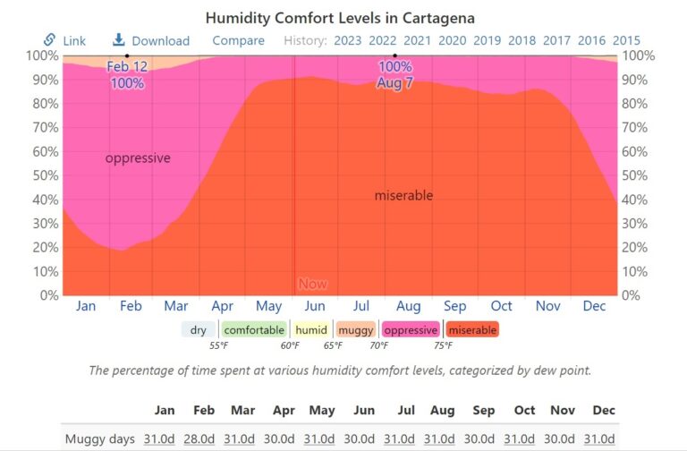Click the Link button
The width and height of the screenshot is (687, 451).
click(64, 40)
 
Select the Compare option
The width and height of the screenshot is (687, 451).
click(238, 40)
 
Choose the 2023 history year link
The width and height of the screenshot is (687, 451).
click(347, 40)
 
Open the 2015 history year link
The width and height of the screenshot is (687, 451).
click(626, 40)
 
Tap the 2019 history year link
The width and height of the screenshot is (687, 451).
click(487, 40)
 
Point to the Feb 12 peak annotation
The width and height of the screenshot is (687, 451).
click(127, 67)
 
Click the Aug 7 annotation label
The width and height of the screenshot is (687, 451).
click(394, 81)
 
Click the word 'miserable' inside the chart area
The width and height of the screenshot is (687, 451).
click(403, 195)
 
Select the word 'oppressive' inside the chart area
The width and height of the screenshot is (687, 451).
click(138, 158)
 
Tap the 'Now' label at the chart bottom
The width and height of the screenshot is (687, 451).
click(312, 284)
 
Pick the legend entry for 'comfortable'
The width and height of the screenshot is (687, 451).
click(254, 330)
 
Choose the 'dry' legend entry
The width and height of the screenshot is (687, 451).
click(198, 330)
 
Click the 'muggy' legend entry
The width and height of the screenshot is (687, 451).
click(356, 330)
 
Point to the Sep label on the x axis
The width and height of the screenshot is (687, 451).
click(454, 306)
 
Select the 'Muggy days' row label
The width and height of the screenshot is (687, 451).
click(100, 438)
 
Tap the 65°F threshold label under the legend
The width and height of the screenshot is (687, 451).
click(333, 345)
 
